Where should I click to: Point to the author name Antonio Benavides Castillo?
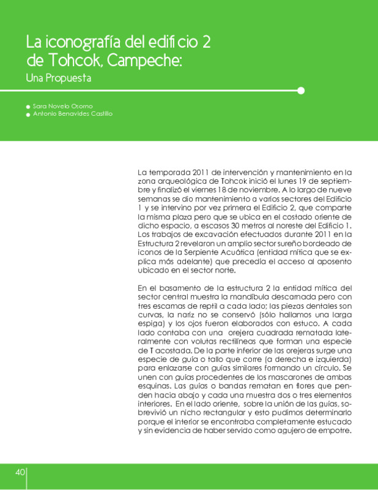[x=73, y=114]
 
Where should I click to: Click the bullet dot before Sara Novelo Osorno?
[x=28, y=107]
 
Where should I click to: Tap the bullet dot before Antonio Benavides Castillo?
[x=28, y=115]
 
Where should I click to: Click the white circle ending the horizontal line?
[x=300, y=91]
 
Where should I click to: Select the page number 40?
[x=20, y=472]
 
